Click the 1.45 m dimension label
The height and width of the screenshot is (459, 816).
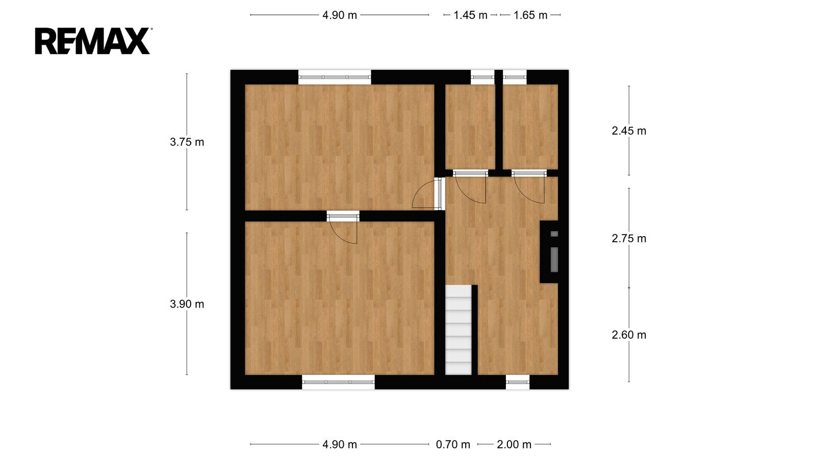pos(470,15)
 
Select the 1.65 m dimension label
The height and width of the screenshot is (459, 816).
pos(530,15)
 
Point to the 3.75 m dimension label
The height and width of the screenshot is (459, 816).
pos(187,142)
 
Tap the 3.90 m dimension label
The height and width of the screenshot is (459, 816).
pos(187,304)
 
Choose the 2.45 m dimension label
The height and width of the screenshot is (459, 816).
pos(629,131)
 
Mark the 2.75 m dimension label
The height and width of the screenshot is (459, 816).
pos(629,238)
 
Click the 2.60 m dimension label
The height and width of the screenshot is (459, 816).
pos(629,335)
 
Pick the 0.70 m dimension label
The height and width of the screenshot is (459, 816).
pos(453,444)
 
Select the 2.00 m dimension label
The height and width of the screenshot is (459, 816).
pos(514,444)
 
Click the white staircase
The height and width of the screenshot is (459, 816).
pos(458,329)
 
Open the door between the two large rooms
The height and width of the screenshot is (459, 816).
pos(343,227)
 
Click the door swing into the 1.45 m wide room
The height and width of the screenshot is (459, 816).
pos(470,187)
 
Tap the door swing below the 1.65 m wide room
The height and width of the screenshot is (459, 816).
pos(529,187)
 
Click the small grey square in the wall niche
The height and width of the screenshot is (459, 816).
pos(554,234)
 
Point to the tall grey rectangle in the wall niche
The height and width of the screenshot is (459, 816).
pos(554,260)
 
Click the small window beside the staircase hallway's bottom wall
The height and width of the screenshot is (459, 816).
pos(518,382)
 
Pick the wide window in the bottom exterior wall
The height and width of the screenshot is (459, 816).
pos(339,382)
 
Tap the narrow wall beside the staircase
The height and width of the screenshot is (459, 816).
pos(475,329)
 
